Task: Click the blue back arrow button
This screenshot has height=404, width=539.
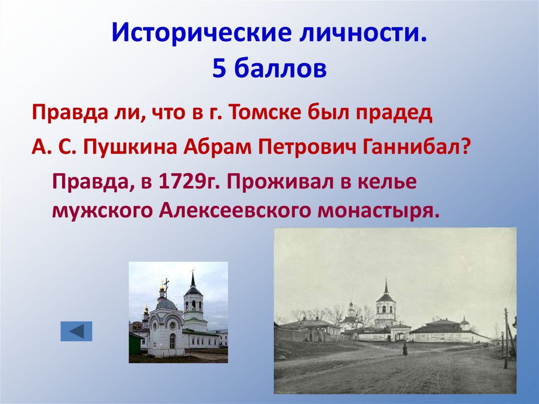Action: pyautogui.click(x=76, y=331)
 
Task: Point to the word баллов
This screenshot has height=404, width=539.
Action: pyautogui.click(x=278, y=69)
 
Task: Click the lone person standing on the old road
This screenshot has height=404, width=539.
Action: pyautogui.click(x=405, y=349)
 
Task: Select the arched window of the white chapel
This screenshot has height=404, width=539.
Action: pyautogui.click(x=172, y=340)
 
